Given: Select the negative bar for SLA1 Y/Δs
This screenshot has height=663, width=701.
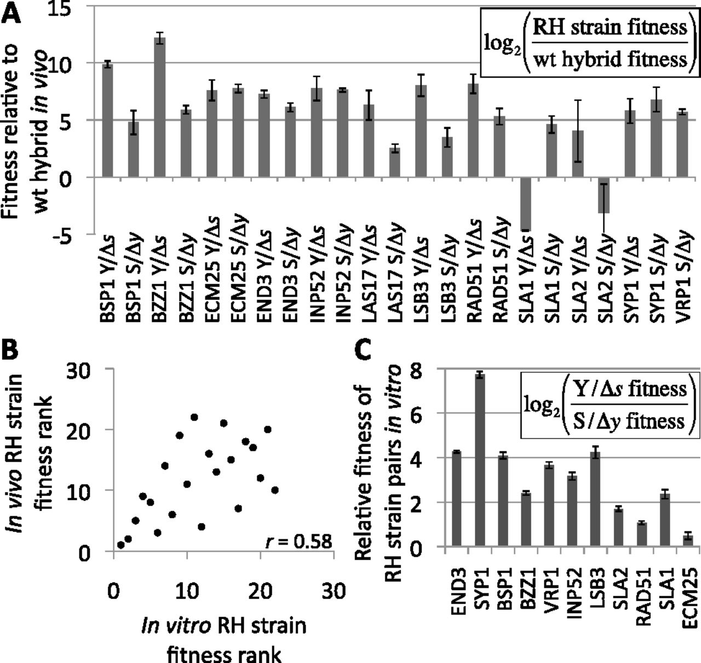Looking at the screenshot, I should [x=525, y=203].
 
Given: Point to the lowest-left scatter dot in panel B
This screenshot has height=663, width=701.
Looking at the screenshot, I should [x=120, y=545].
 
